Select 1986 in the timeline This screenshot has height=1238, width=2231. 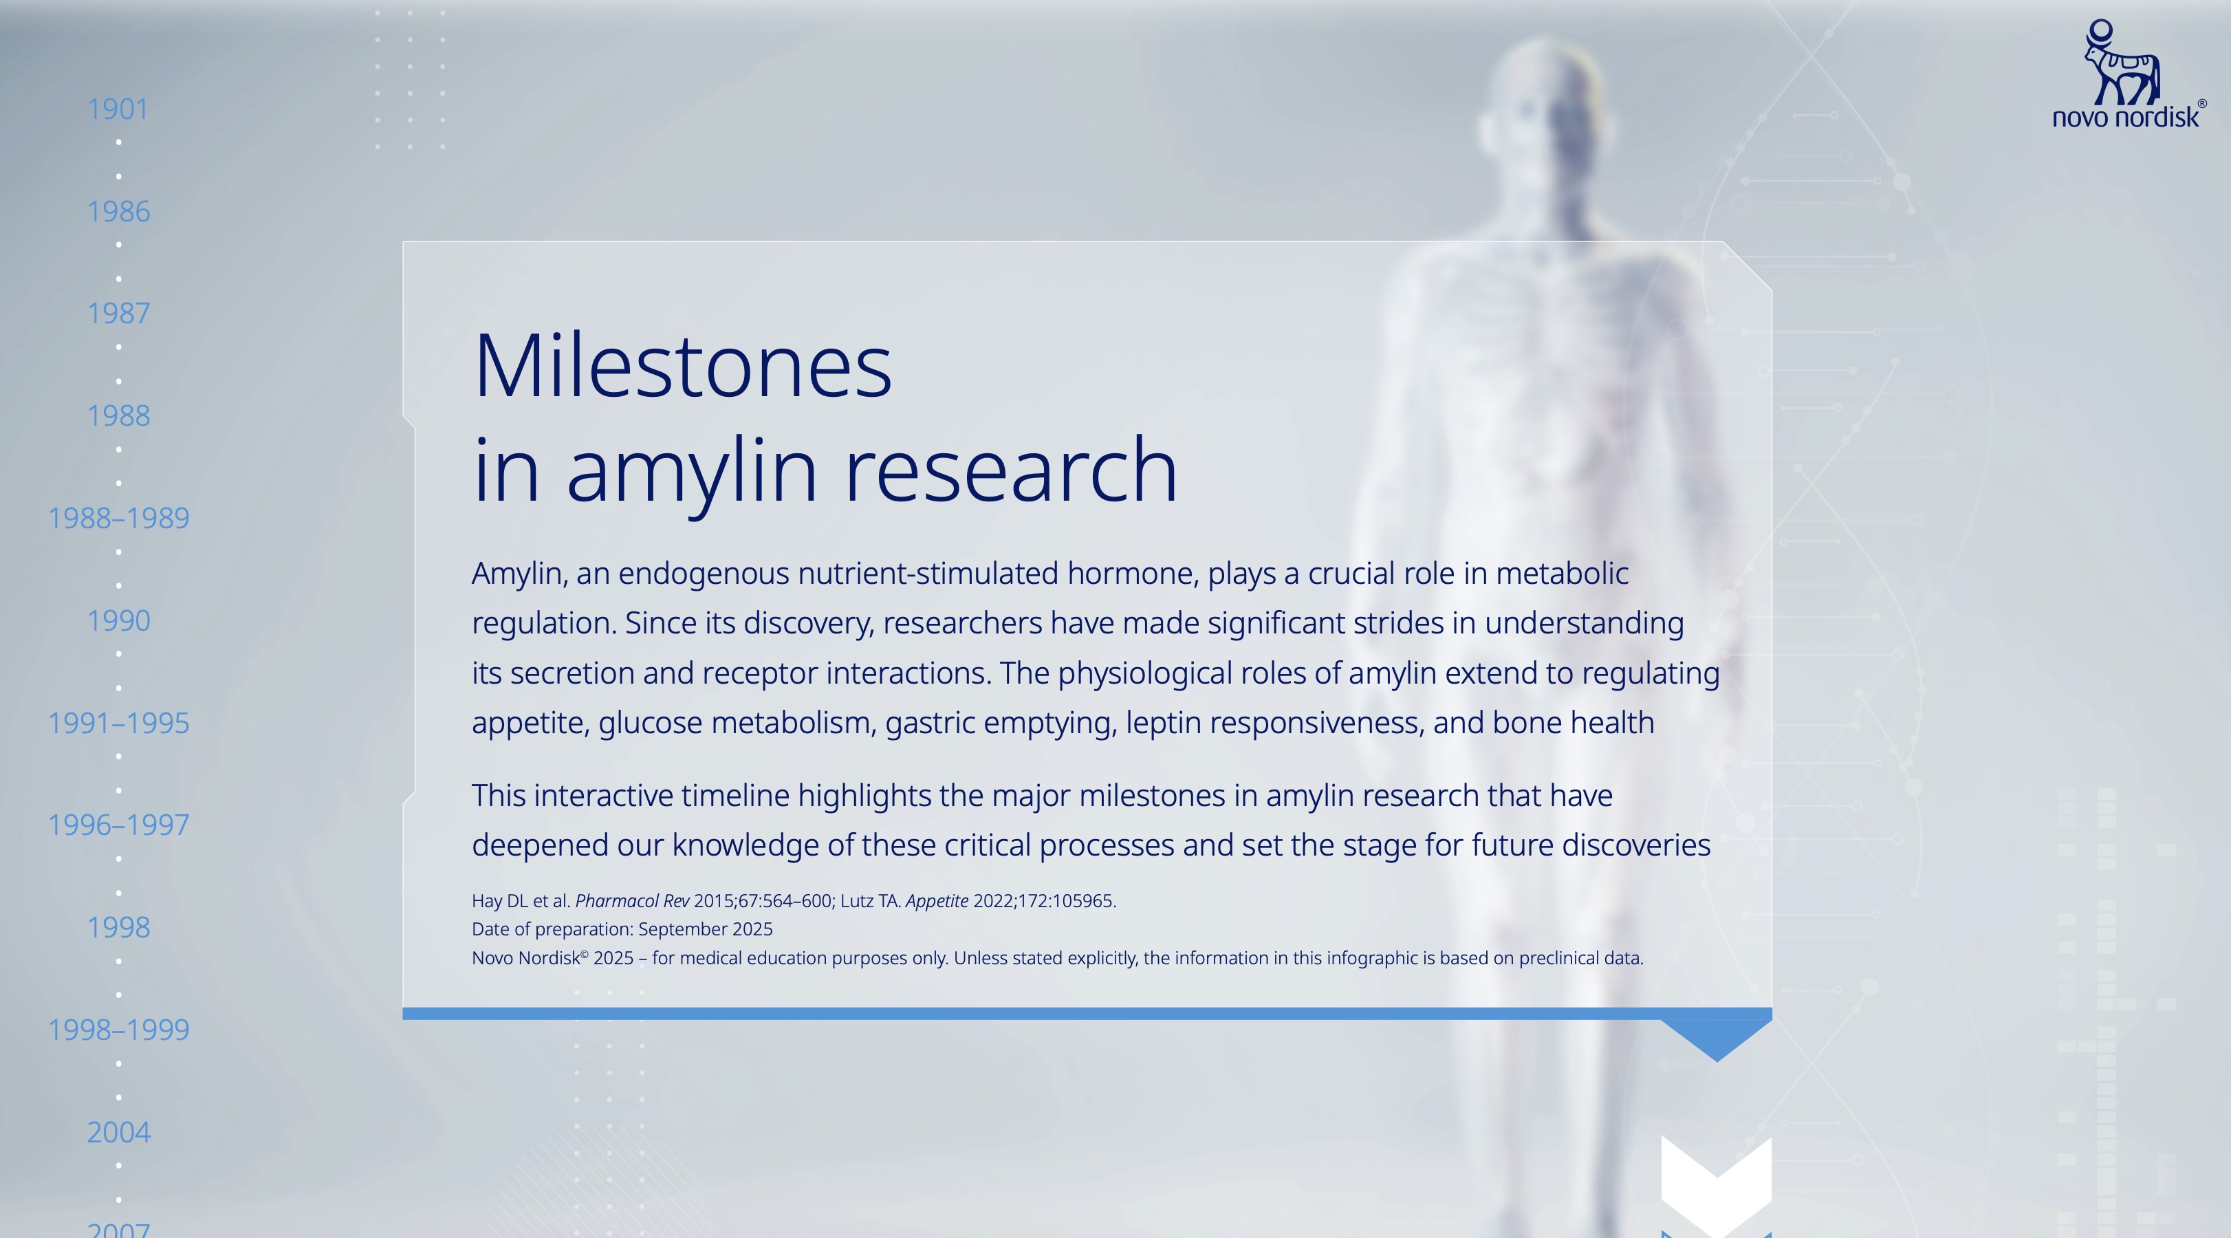(119, 211)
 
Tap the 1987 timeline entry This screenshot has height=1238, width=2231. (119, 313)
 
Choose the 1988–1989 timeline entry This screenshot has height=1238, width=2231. (119, 518)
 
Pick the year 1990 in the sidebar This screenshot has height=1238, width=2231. (119, 620)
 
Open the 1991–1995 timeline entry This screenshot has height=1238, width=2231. (119, 723)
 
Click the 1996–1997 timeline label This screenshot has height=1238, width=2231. (119, 825)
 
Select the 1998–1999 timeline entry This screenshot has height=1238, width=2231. (119, 1029)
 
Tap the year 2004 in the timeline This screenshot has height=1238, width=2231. (119, 1132)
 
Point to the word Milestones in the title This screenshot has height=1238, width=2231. (682, 367)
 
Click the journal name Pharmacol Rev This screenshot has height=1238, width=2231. (632, 901)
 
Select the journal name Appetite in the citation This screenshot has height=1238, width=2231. (937, 901)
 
